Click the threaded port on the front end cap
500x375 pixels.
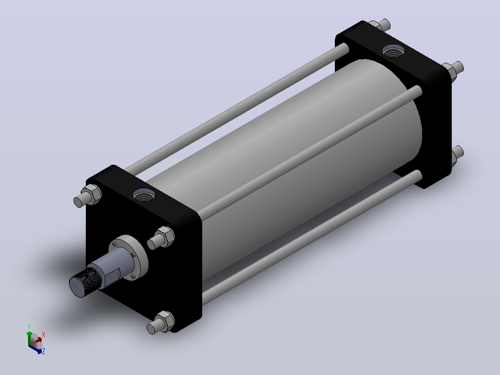point(144,194)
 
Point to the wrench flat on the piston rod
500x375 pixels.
point(112,277)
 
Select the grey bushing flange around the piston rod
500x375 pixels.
point(128,258)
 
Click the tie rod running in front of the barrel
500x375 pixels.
point(309,153)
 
